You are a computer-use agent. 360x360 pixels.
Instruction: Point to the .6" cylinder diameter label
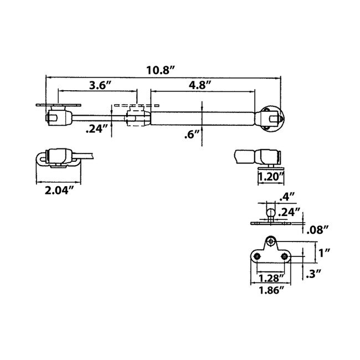[x=192, y=134]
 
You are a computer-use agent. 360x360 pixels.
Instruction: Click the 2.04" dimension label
[x=58, y=191]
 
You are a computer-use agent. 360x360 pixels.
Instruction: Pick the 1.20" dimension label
[x=271, y=177]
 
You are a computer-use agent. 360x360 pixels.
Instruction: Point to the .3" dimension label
[x=313, y=272]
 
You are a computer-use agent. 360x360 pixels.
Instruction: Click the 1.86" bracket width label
[x=271, y=289]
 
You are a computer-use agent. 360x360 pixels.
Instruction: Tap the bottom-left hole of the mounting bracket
[x=258, y=256]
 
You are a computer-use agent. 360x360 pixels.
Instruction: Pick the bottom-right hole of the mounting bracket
[x=284, y=256]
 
